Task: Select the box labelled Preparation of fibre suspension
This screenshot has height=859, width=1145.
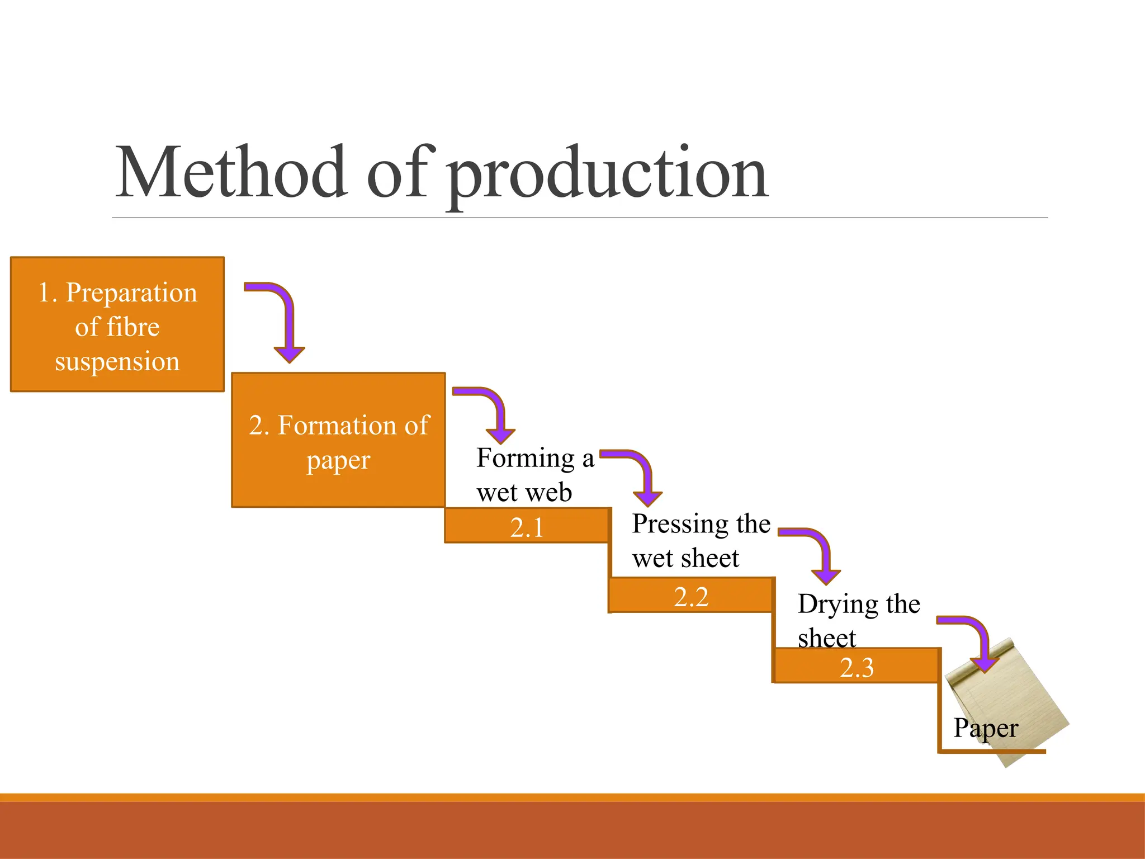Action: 117,325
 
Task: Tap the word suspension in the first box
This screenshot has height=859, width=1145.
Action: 117,362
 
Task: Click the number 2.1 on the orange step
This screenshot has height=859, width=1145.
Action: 527,527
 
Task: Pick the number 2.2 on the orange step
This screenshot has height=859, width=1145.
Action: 691,597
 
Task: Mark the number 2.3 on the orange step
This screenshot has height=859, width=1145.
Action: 857,668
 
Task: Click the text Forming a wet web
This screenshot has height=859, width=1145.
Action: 534,475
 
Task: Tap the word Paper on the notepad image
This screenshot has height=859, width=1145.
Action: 986,728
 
